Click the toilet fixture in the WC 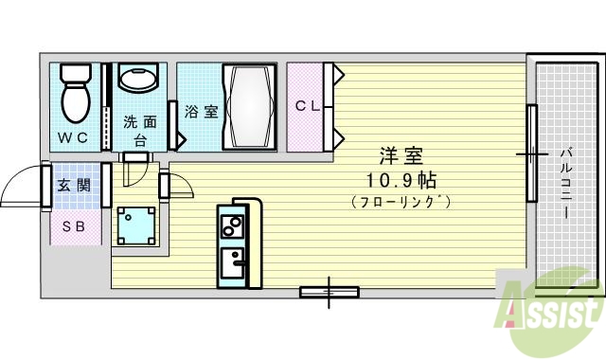[x=74, y=92]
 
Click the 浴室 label [x=200, y=112]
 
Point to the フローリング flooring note [x=401, y=202]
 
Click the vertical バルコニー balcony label [x=564, y=183]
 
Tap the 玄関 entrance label [x=73, y=185]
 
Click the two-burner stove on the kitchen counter [x=231, y=226]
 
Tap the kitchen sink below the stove [x=231, y=259]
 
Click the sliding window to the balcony [x=532, y=153]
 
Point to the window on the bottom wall [x=329, y=292]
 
